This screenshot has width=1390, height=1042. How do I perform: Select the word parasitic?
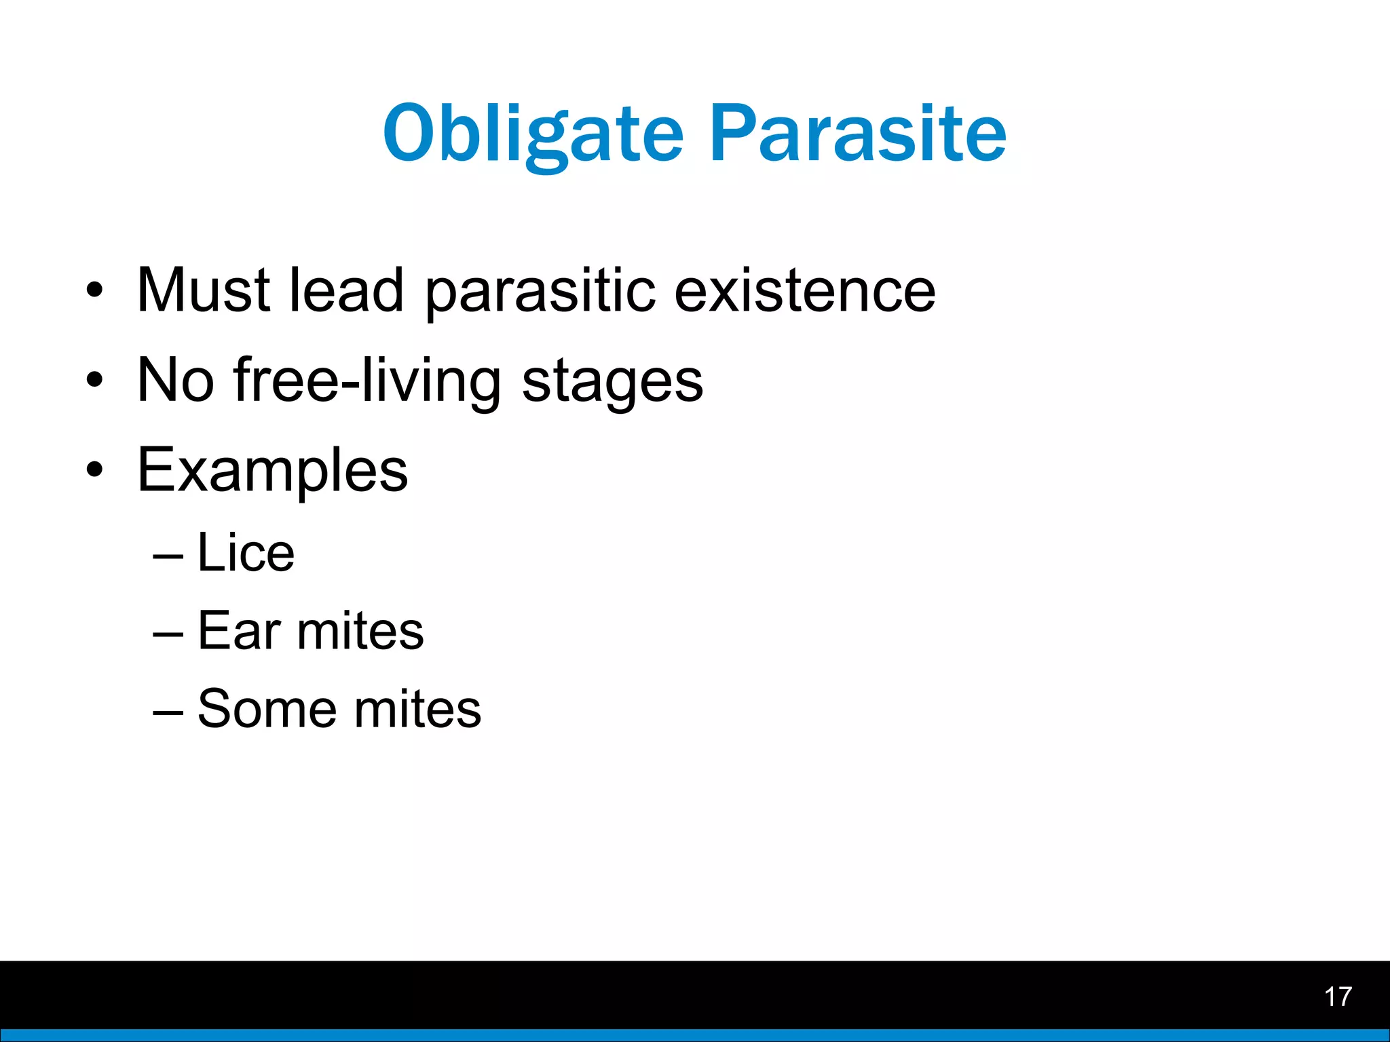point(540,292)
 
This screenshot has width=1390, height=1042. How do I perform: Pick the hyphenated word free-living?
point(367,381)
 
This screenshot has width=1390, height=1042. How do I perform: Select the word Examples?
point(272,471)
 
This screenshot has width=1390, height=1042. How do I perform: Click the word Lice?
point(246,553)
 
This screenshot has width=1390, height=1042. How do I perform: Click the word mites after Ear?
point(360,631)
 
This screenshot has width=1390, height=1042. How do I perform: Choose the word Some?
point(267,709)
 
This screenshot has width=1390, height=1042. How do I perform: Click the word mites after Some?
point(417,709)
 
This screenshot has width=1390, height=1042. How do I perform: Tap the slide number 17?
point(1338,997)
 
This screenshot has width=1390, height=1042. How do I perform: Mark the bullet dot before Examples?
point(95,469)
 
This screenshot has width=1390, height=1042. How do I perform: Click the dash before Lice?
point(168,556)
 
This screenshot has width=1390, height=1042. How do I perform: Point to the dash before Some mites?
point(168,712)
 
